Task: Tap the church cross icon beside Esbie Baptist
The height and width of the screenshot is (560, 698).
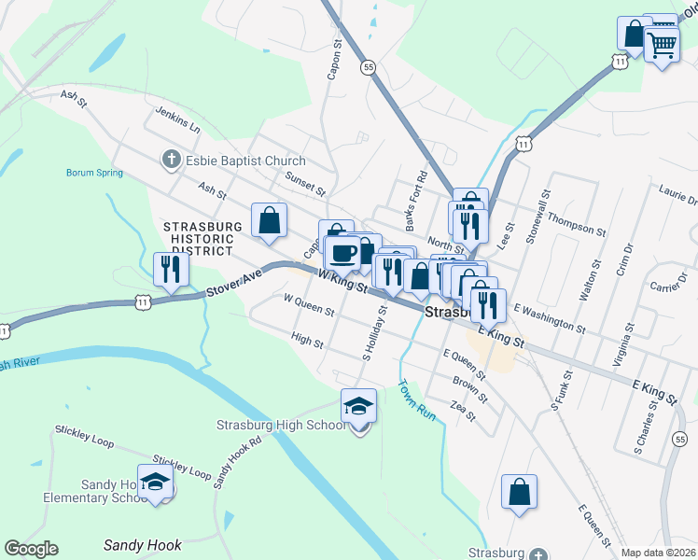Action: [171, 161]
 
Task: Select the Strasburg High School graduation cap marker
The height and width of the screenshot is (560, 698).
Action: [358, 407]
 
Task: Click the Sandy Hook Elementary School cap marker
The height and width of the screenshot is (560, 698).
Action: [156, 483]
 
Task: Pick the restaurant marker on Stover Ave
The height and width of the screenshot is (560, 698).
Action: [172, 269]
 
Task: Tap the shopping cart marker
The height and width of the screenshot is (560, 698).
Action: [662, 43]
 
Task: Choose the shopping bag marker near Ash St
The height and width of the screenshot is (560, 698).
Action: [269, 221]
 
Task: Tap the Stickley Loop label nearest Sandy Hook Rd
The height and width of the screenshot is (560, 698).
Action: [182, 467]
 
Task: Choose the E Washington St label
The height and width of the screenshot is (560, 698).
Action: [549, 319]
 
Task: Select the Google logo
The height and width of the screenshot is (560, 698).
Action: [31, 549]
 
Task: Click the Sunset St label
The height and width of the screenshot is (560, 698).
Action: [305, 183]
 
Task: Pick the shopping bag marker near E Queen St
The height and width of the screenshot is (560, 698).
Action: [519, 492]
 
